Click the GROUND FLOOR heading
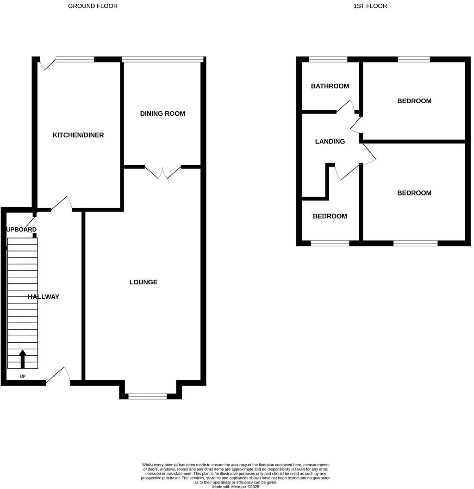(93, 6)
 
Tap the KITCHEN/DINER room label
(78, 135)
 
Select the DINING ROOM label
(162, 113)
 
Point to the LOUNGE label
(143, 282)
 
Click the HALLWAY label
(44, 297)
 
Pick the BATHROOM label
(330, 86)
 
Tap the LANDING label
(330, 142)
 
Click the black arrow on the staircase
(22, 359)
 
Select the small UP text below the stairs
(22, 376)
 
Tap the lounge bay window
(147, 396)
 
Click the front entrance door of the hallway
(59, 376)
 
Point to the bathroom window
(328, 59)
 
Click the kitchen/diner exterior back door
(47, 64)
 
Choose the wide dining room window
(162, 59)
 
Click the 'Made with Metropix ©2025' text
(236, 487)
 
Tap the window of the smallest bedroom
(330, 243)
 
